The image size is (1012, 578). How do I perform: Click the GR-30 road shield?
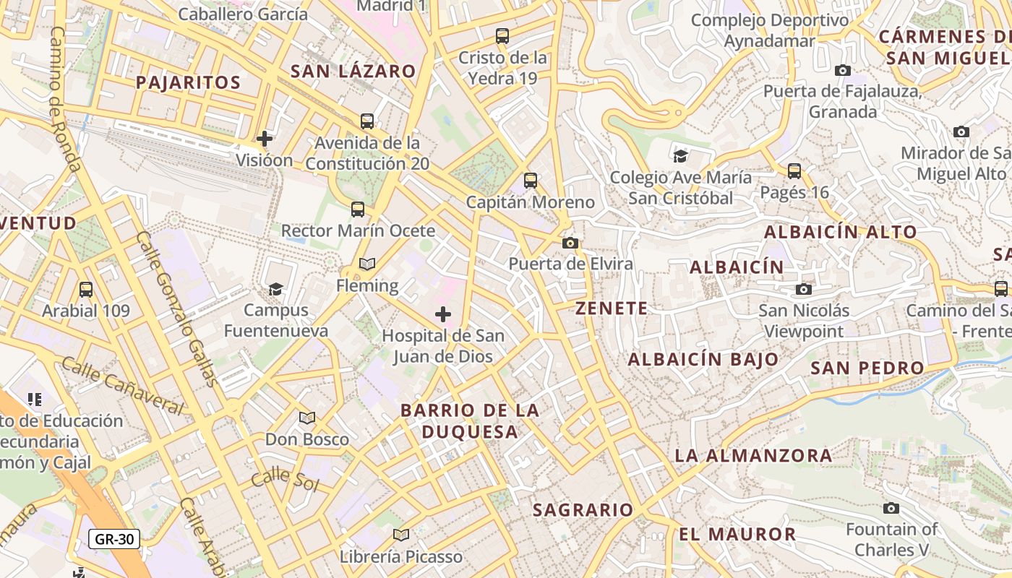[x=114, y=539]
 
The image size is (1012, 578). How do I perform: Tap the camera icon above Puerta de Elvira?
[x=570, y=243]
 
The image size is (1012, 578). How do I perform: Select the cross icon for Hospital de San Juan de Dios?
[x=443, y=314]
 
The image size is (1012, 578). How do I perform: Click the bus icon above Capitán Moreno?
[x=531, y=181]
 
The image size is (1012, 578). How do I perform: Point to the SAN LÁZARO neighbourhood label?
[x=353, y=71]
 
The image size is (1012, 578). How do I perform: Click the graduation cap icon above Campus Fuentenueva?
[x=275, y=289]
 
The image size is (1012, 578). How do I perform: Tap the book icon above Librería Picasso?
[x=401, y=535]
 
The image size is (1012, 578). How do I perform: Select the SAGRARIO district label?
[x=583, y=510]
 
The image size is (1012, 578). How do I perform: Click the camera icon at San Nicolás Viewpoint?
[x=803, y=289]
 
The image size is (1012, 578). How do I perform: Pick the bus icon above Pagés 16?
[x=794, y=171]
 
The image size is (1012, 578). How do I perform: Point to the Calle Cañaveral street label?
[x=122, y=385]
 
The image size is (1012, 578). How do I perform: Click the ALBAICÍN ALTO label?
[x=840, y=233]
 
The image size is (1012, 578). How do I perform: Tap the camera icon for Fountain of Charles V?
[x=891, y=508]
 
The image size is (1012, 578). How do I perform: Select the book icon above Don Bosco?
[x=307, y=418]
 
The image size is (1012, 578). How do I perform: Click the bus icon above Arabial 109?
[x=86, y=290]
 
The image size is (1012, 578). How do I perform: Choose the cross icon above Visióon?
[x=265, y=138]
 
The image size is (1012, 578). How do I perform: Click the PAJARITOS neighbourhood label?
[x=188, y=82]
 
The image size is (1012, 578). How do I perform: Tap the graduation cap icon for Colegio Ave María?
[x=680, y=156]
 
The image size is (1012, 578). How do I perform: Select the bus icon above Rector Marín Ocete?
[x=358, y=210]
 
